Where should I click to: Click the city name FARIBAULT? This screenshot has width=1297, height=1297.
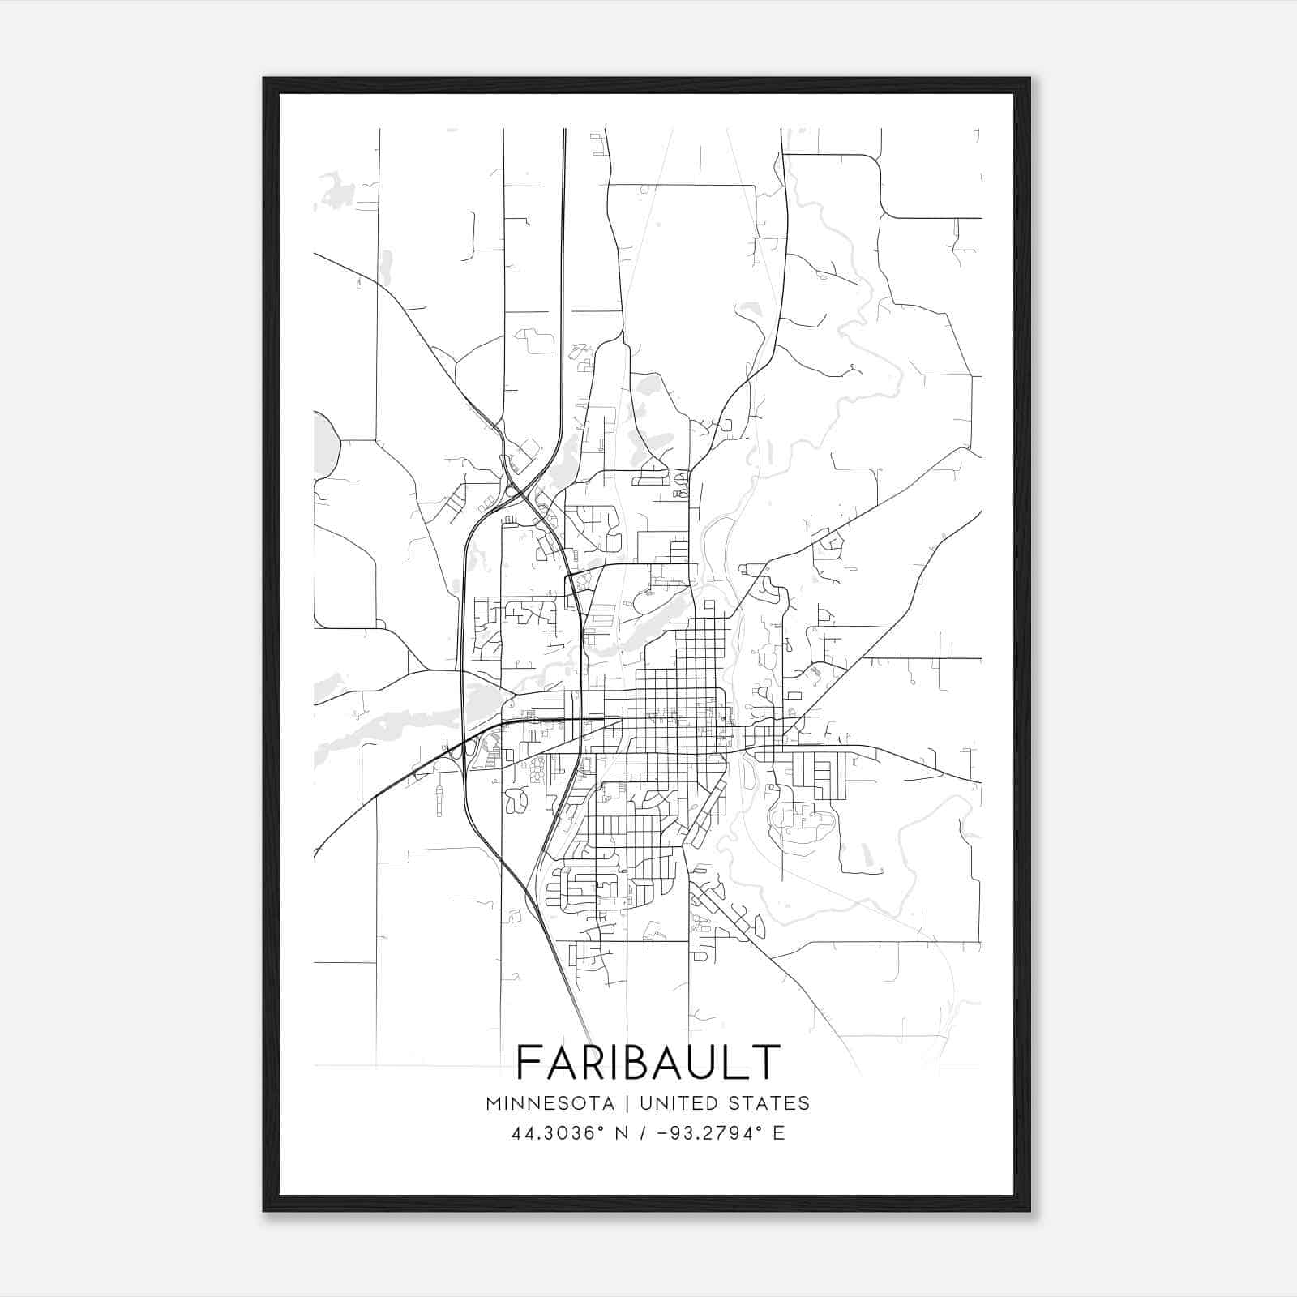tap(648, 1062)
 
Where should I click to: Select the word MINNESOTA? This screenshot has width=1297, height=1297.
tap(550, 1102)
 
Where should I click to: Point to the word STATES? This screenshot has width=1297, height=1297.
tap(769, 1102)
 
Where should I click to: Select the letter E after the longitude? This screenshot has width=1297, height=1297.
tap(779, 1133)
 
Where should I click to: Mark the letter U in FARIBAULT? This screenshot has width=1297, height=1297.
tap(704, 1062)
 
